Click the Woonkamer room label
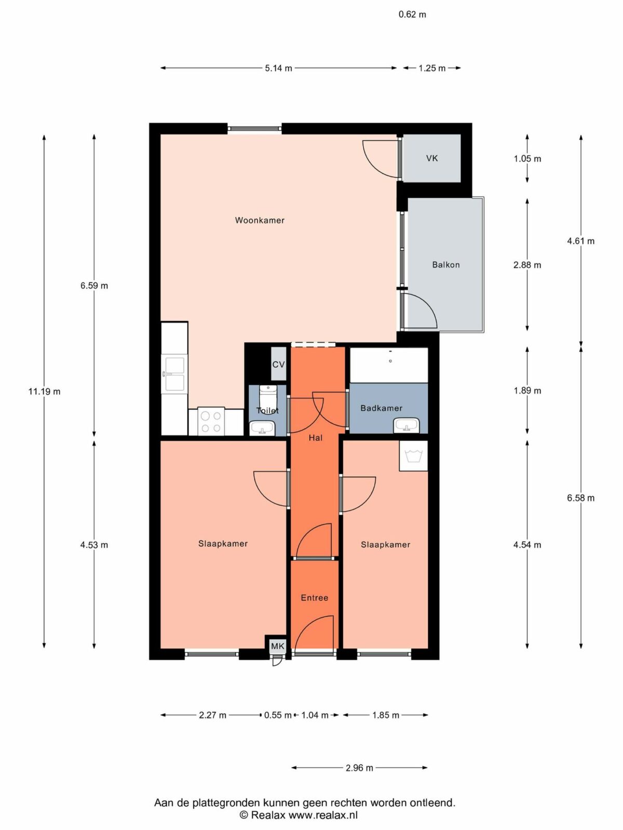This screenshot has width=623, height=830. coord(260,220)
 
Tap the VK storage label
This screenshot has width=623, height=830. coord(432,158)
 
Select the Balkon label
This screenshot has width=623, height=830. coord(446,265)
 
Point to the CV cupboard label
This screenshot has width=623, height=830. coord(278,365)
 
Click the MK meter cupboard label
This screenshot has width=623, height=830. coord(278,646)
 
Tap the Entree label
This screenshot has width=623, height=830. coord(314,598)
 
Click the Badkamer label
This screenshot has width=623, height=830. coord(381,408)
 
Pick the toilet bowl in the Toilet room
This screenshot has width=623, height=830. coord(268,399)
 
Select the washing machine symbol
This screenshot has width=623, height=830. coord(413,455)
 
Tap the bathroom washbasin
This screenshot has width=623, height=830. coord(407,425)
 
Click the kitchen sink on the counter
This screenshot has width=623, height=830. coord(174,374)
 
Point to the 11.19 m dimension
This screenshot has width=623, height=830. coord(44,391)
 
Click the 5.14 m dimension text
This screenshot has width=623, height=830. coord(278,68)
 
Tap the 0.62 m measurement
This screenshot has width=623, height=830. coord(412,15)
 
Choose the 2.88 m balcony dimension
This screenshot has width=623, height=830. coord(527,265)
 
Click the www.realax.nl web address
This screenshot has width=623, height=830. coord(323,815)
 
